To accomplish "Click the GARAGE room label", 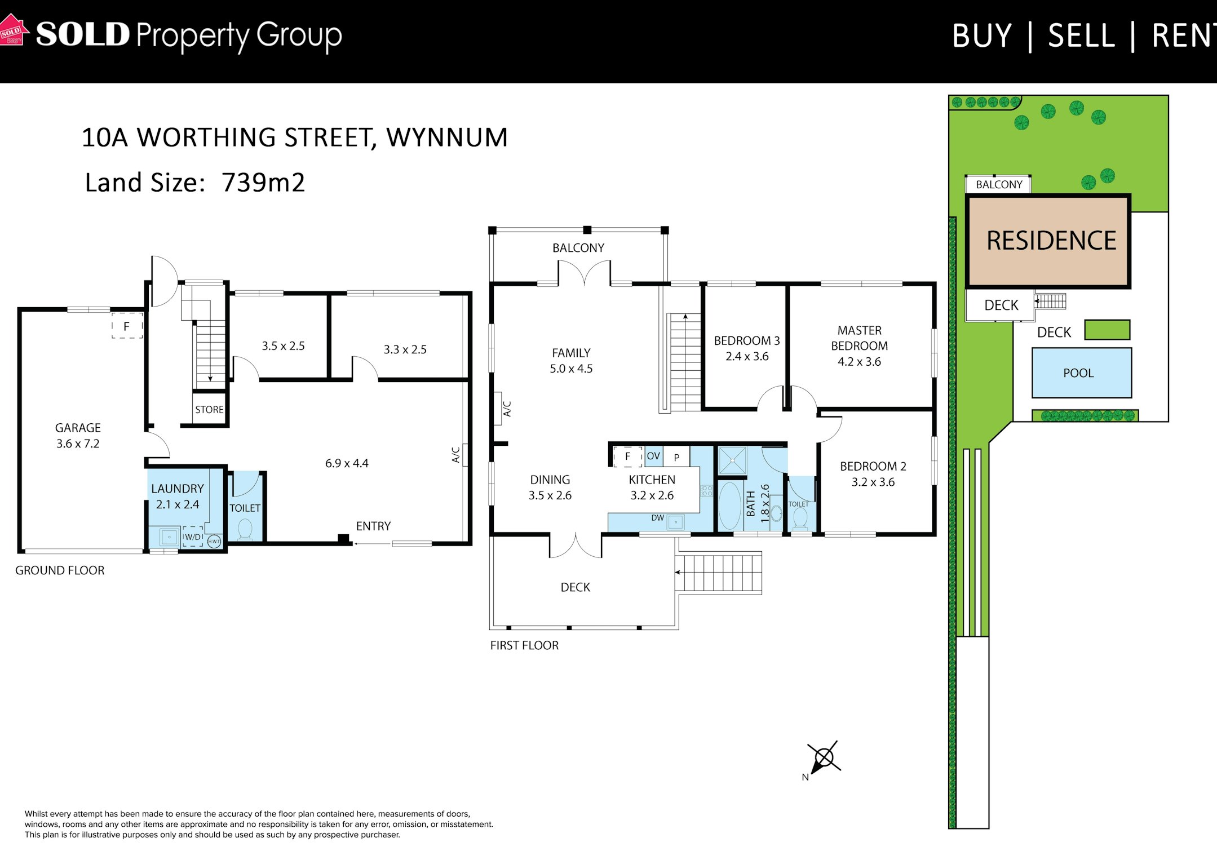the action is (78, 428).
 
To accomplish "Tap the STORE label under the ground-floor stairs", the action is (209, 410).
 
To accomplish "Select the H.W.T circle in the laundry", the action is (214, 542).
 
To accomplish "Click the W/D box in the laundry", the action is (193, 537).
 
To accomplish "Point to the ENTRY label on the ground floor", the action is (373, 526).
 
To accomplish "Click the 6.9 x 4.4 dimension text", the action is (347, 463).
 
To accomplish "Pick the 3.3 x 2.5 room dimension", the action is (405, 349).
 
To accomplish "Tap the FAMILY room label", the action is (571, 353).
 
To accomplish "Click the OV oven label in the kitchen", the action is (653, 456).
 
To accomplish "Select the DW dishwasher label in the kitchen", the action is (658, 518).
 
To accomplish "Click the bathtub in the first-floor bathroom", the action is (729, 506).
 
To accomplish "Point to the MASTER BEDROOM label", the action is (860, 338).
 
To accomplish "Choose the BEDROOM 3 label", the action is (747, 340).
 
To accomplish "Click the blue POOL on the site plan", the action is (1082, 373).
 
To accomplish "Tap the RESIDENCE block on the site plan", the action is (1048, 241).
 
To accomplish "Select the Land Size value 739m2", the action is (263, 182).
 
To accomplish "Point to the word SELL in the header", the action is (1081, 36).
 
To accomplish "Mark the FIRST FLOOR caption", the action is (524, 645).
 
